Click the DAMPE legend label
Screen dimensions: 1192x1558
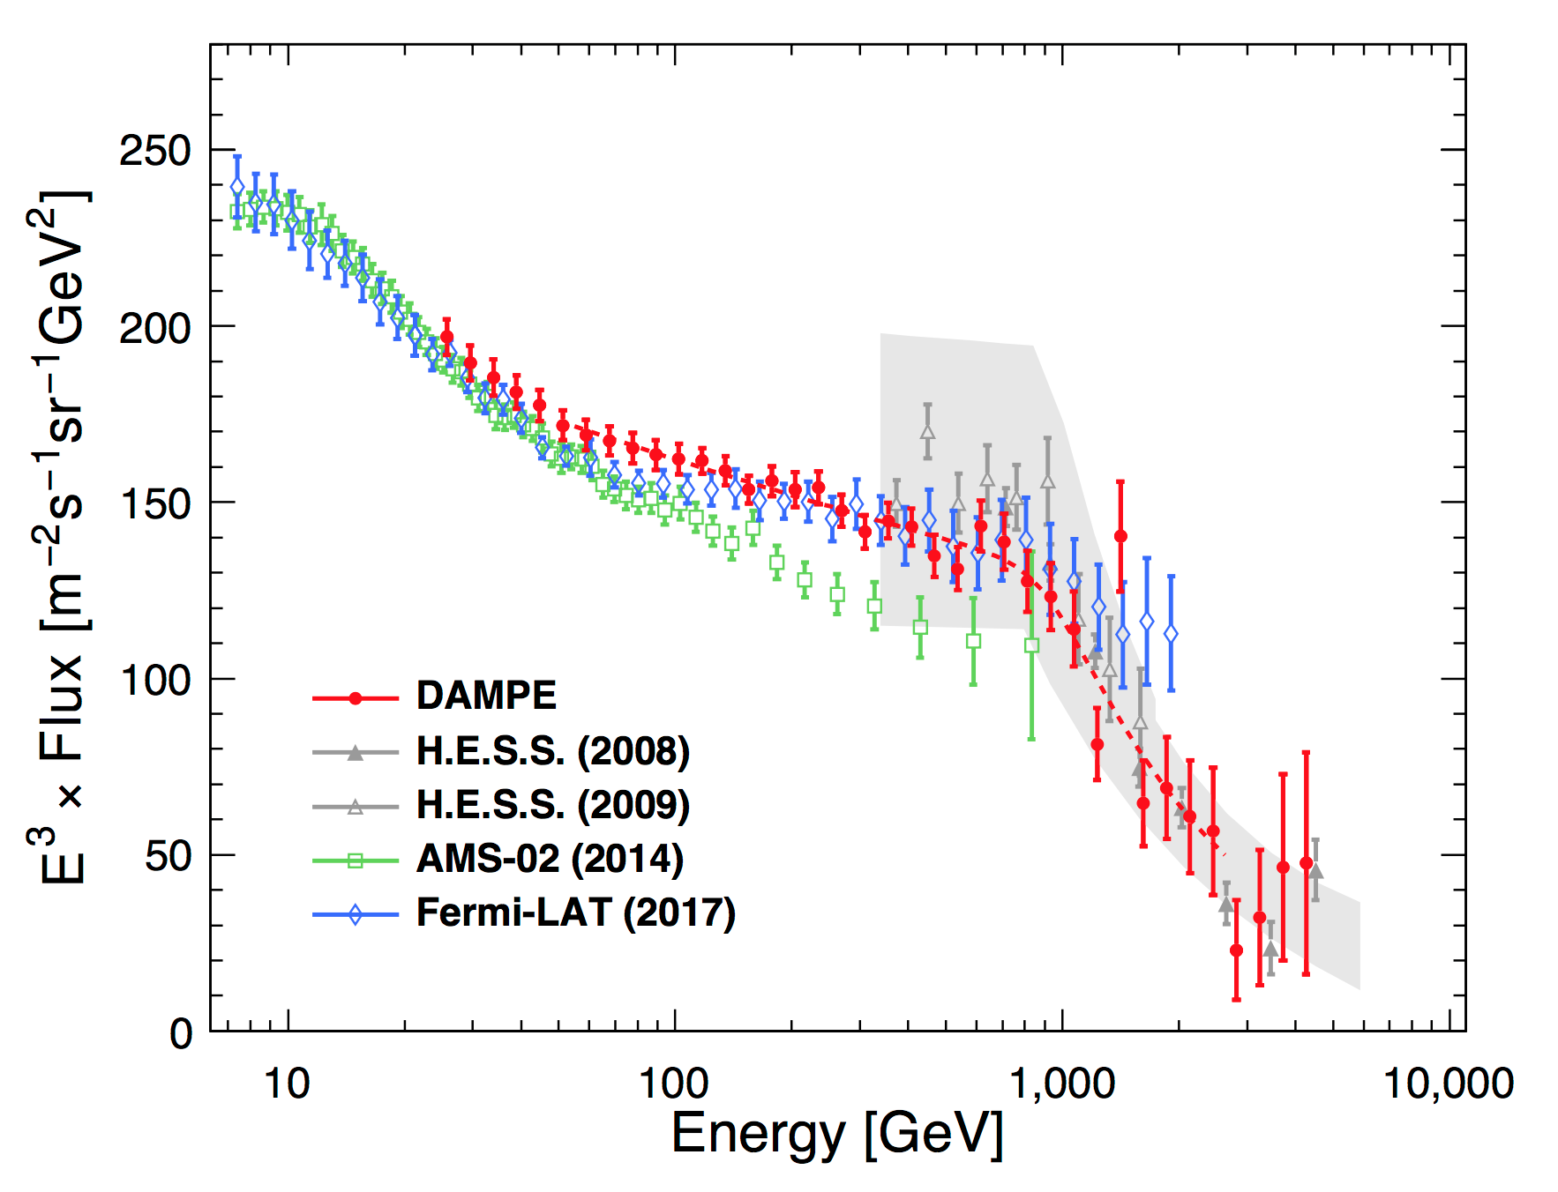(486, 696)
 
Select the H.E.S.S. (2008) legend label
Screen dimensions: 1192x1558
(552, 751)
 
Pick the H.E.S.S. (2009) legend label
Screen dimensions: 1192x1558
(552, 805)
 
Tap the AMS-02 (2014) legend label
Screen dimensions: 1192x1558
(550, 859)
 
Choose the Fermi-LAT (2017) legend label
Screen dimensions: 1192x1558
(575, 913)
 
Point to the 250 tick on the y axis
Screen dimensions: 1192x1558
(155, 152)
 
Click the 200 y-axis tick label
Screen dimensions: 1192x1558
(155, 328)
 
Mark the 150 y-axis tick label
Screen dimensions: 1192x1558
(155, 504)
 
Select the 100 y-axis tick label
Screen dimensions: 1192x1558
(155, 681)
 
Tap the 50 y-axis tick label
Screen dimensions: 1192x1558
(168, 856)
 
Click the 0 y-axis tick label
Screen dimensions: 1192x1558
(181, 1033)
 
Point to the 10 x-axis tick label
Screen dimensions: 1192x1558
(287, 1084)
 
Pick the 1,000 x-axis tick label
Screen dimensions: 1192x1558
(1062, 1084)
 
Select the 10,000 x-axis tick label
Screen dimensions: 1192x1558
(1448, 1084)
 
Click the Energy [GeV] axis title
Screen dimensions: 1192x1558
(837, 1135)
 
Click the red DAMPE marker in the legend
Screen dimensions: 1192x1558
(356, 698)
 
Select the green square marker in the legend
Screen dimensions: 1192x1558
(356, 860)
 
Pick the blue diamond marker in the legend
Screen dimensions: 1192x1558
(356, 914)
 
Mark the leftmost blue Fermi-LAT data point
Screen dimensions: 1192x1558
(237, 187)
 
